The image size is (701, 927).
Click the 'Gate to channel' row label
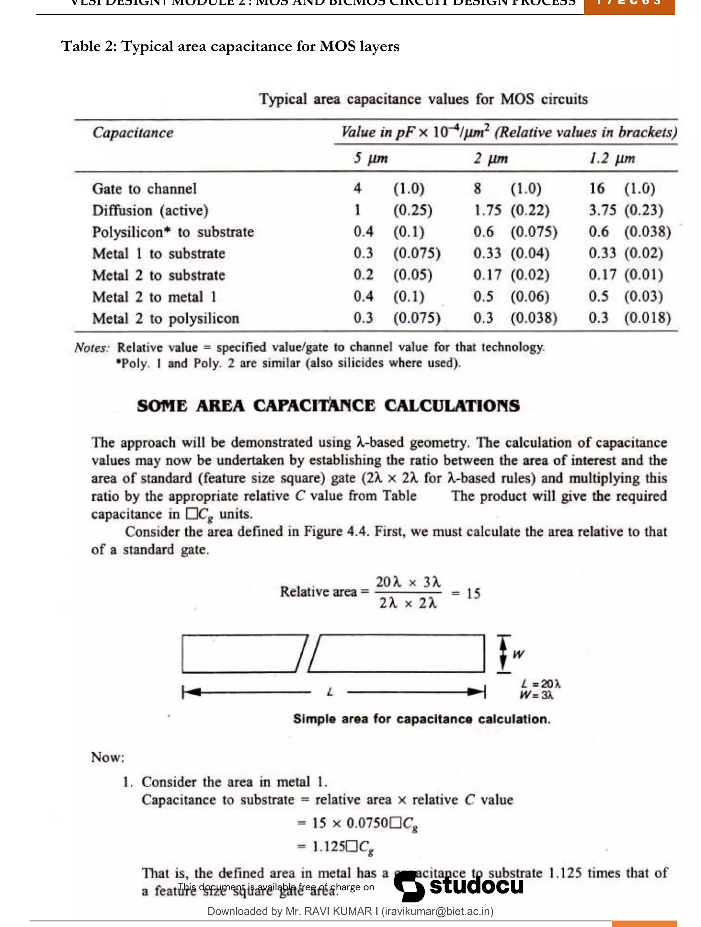tap(144, 189)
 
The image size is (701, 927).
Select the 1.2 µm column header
tap(612, 158)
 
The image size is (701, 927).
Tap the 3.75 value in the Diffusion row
tap(602, 210)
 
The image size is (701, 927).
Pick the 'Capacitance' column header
tap(133, 132)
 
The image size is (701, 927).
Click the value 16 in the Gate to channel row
tap(597, 188)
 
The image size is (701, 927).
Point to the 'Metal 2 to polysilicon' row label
tap(166, 318)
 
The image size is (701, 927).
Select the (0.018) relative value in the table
tap(647, 318)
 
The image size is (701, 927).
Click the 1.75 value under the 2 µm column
tap(487, 210)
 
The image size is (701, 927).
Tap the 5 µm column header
tap(370, 158)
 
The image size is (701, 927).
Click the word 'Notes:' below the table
tap(92, 348)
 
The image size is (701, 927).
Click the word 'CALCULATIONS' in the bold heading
tap(452, 406)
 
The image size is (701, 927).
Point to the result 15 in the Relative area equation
tap(473, 594)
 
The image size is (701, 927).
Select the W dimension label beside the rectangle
tap(518, 654)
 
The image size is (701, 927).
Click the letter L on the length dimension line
tap(330, 692)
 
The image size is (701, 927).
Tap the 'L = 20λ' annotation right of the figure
tap(540, 684)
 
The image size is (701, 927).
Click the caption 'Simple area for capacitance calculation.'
tap(421, 719)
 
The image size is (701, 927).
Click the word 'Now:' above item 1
tap(108, 757)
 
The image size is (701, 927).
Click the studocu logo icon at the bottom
tap(409, 886)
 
